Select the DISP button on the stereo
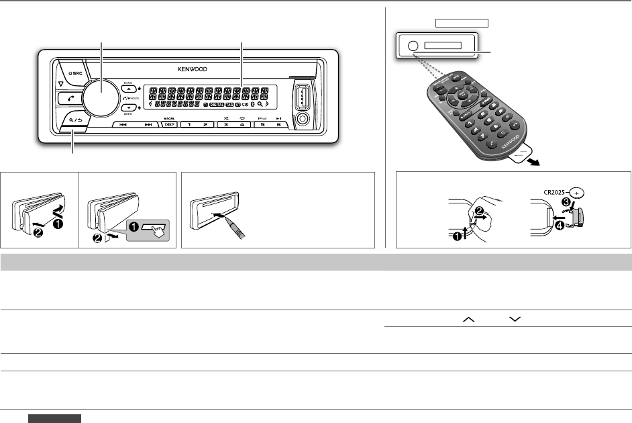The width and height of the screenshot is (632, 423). (x=169, y=125)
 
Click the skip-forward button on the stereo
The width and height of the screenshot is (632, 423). (x=148, y=125)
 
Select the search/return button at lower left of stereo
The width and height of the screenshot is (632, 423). (x=74, y=121)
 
